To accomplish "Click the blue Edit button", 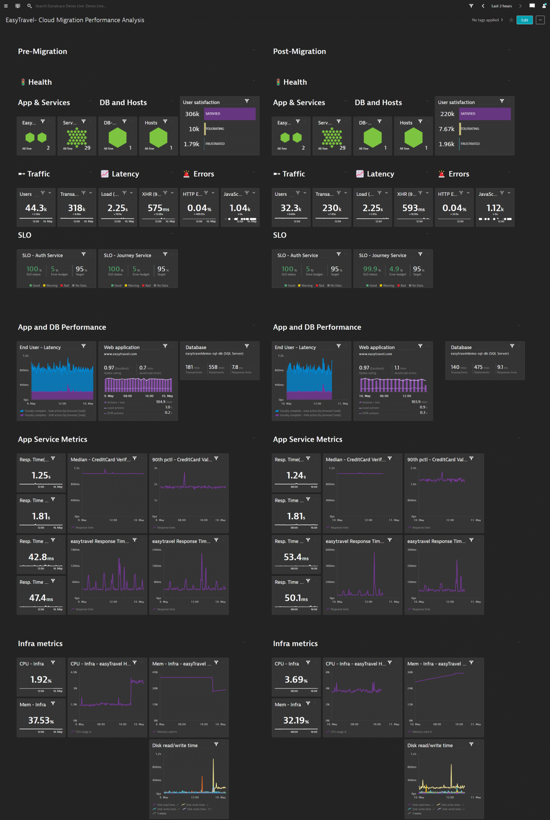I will pos(524,20).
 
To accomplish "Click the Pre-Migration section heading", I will pos(43,51).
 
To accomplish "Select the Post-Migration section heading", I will pos(299,51).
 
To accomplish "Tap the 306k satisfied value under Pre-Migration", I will pos(192,114).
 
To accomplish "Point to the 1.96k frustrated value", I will pos(446,144).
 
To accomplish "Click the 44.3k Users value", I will pos(36,208).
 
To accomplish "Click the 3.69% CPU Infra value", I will pos(296,680).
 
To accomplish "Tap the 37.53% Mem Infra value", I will pos(41,720).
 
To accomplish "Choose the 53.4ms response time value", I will pos(296,557).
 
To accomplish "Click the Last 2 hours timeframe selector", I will pos(501,6).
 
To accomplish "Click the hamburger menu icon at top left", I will pos(6,6).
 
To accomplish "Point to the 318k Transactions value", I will pos(77,208).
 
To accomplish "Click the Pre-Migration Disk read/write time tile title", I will pos(175,745).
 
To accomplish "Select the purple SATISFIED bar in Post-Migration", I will pos(485,114).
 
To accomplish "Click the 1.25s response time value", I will pos(41,476).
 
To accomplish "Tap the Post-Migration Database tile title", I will pos(461,347).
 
